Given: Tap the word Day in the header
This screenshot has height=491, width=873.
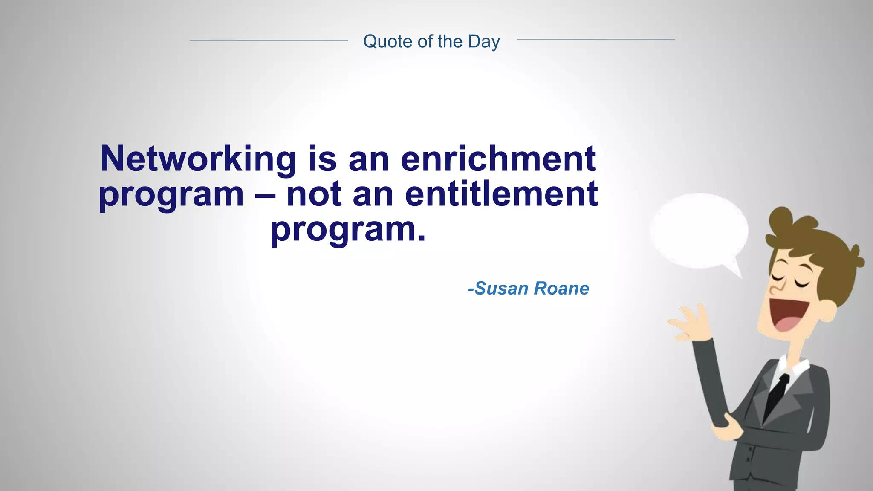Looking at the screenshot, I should tap(483, 42).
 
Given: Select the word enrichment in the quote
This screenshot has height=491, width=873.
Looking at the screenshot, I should tap(498, 159).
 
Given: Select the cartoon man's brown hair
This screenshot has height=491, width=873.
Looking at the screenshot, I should tap(823, 251).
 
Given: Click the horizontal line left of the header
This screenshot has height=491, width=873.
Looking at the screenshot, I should tap(269, 41).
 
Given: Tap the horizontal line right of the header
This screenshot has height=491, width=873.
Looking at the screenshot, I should tap(595, 40).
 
